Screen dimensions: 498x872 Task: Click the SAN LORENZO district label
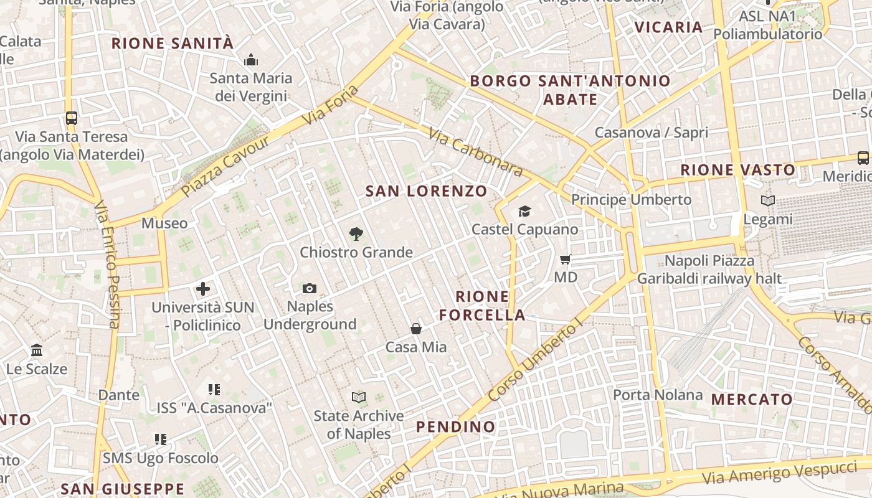point(426,191)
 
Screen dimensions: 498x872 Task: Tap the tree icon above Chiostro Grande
point(356,234)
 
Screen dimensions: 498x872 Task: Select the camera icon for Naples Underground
point(310,288)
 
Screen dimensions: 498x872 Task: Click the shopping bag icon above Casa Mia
point(416,329)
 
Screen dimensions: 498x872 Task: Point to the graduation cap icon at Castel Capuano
point(524,212)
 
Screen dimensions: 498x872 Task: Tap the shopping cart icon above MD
point(566,259)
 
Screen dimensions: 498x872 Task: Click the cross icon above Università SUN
point(203,289)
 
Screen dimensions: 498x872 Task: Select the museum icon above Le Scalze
point(37,350)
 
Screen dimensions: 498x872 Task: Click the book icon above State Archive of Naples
point(359,397)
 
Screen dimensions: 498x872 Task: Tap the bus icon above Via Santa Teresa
point(72,118)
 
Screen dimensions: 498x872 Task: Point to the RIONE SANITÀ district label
point(173,44)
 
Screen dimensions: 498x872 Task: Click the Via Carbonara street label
point(475,151)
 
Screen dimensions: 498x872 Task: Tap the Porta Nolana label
point(658,395)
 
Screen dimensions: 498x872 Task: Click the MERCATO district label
point(752,399)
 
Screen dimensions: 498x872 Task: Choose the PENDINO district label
point(456,427)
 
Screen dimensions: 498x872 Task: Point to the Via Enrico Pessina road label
point(106,265)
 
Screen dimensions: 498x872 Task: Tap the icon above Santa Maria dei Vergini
point(251,60)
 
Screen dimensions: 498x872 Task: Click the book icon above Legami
point(768,200)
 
